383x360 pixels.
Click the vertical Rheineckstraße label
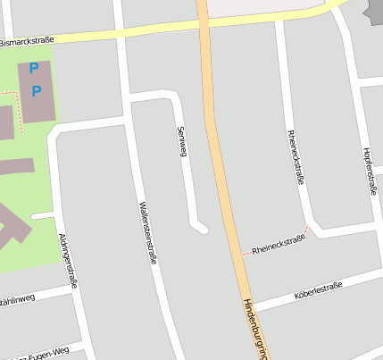(x=294, y=155)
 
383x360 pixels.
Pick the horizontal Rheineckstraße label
(x=277, y=249)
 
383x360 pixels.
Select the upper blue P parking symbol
(x=34, y=68)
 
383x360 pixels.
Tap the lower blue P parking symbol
(x=37, y=90)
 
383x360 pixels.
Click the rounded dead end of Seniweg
(x=202, y=229)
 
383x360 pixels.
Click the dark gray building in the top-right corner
(x=374, y=9)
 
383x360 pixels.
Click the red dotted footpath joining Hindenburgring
(x=243, y=255)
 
